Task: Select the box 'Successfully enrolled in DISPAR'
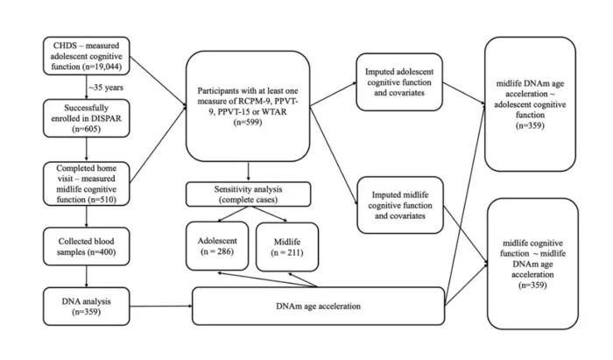[x=85, y=116]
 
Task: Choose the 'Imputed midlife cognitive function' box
[x=401, y=204]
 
